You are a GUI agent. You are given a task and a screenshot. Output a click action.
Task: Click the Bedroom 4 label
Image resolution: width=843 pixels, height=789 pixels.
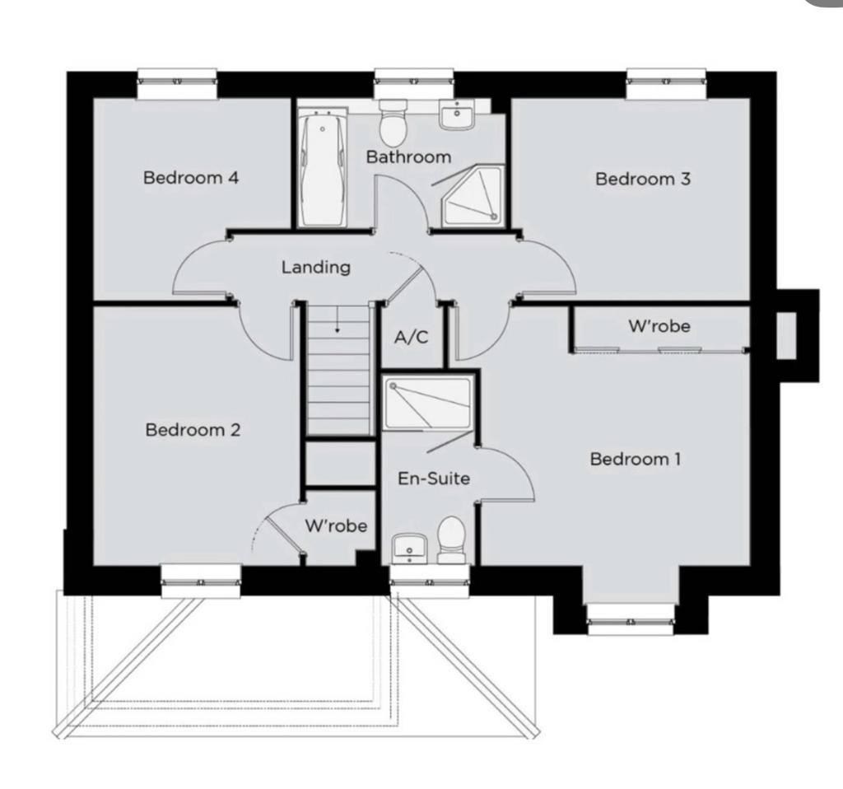point(191,178)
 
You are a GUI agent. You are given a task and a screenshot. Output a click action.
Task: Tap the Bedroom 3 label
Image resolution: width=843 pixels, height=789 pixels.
point(642,179)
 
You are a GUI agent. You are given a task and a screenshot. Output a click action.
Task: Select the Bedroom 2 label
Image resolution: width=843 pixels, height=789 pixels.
point(193,430)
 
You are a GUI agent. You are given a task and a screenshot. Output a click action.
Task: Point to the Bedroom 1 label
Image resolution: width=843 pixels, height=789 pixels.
point(635,459)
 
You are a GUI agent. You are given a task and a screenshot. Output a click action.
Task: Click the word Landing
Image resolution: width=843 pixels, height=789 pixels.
point(316,268)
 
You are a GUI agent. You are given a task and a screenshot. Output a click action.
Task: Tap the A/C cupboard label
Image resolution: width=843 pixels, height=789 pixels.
point(412,337)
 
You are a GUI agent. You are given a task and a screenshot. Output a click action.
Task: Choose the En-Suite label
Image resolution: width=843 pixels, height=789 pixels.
point(434,479)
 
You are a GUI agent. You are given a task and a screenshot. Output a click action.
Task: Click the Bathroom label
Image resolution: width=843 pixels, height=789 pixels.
point(408,157)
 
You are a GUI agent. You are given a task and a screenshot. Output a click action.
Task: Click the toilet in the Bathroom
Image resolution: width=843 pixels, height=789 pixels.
point(393,123)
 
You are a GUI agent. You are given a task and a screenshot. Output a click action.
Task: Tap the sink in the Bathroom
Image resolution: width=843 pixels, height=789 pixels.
point(456,115)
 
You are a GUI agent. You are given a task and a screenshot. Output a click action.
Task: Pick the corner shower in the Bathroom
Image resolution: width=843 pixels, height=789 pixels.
point(473,195)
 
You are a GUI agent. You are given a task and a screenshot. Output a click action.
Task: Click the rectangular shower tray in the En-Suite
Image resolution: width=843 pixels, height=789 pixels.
point(428,404)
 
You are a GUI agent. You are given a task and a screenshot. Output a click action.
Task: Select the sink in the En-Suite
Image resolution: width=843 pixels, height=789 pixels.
point(409,549)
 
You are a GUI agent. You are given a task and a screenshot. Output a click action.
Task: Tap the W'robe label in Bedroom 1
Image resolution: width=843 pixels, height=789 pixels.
point(659,326)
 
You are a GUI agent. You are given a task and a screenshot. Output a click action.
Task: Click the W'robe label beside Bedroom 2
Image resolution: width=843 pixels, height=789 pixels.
point(336,525)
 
